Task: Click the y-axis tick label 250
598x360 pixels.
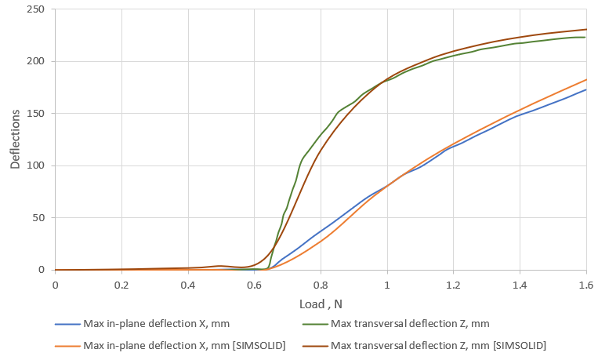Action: point(37,9)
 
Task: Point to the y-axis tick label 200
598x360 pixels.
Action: point(37,61)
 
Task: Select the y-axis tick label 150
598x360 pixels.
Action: point(37,114)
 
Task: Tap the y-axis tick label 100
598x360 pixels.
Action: point(37,165)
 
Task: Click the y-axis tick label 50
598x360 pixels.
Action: point(39,217)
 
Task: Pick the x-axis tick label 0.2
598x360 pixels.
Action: point(121,283)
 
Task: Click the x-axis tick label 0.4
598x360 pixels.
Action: point(187,283)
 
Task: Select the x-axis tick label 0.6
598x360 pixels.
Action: point(254,283)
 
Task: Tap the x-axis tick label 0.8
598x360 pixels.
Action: point(321,283)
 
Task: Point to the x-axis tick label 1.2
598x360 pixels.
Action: point(453,283)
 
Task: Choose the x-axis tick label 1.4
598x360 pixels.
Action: point(520,283)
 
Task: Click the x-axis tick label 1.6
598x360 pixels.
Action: point(586,283)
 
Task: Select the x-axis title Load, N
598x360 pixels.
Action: point(321,304)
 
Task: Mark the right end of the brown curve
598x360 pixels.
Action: point(586,29)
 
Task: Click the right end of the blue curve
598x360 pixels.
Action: point(586,89)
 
